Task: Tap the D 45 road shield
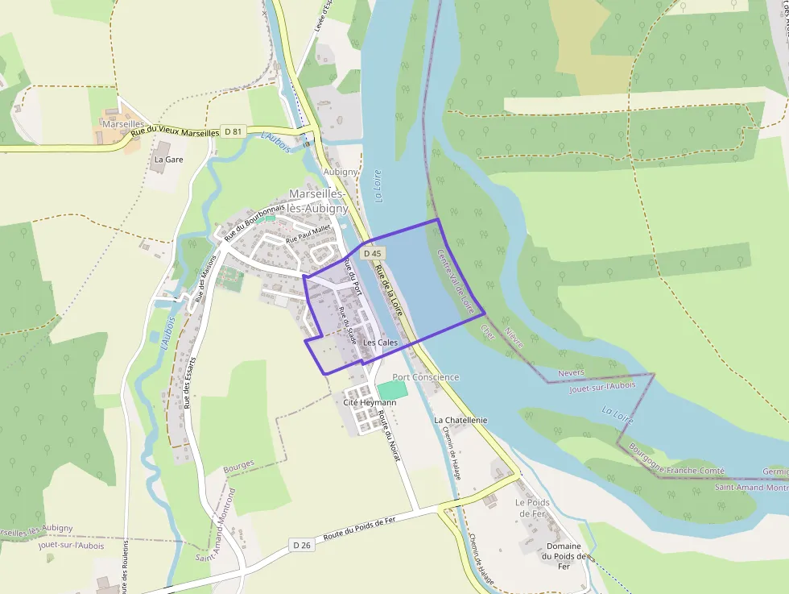pyautogui.click(x=372, y=253)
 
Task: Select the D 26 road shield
pyautogui.click(x=302, y=545)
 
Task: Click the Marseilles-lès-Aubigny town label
pyautogui.click(x=318, y=201)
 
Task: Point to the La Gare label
pyautogui.click(x=169, y=160)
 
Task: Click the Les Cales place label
pyautogui.click(x=381, y=343)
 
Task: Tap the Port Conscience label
pyautogui.click(x=425, y=377)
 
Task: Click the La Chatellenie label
pyautogui.click(x=461, y=420)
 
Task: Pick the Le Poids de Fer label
pyautogui.click(x=531, y=508)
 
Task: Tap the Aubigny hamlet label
pyautogui.click(x=339, y=172)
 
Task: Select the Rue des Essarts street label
pyautogui.click(x=190, y=382)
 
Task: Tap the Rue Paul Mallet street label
pyautogui.click(x=308, y=233)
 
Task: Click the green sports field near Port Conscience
pyautogui.click(x=392, y=389)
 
